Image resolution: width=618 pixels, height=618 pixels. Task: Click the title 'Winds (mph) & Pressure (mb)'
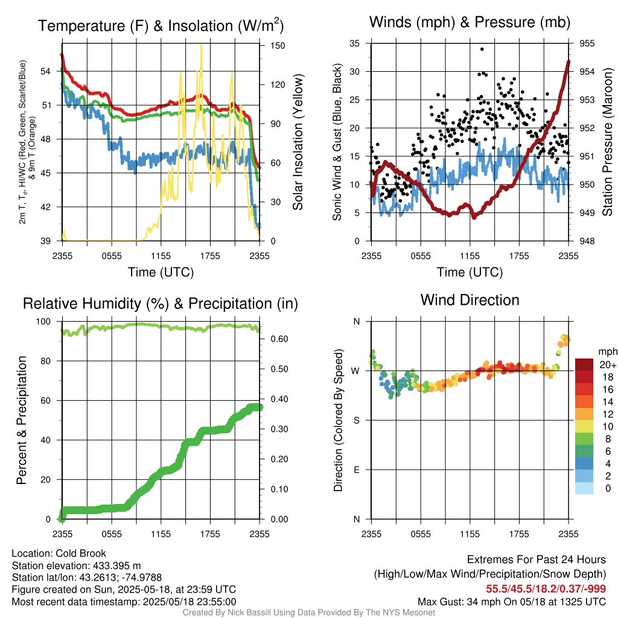470,22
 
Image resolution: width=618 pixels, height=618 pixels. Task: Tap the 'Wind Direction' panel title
470,300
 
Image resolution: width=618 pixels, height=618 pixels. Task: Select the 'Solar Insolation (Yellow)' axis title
298,142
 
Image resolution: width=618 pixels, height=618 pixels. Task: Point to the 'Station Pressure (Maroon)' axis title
607,142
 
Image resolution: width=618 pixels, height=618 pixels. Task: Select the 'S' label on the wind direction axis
357,420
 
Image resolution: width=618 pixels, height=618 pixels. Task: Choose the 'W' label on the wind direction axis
356,371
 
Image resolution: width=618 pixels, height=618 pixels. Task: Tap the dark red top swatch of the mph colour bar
585,365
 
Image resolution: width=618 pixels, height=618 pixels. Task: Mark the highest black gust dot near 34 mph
482,49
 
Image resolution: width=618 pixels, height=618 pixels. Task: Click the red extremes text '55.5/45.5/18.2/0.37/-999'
546,589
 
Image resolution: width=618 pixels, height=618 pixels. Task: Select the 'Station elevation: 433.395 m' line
76,565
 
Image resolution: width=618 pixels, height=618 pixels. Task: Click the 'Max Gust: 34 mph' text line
512,602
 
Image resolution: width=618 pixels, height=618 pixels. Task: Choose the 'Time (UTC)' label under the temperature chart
161,272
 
